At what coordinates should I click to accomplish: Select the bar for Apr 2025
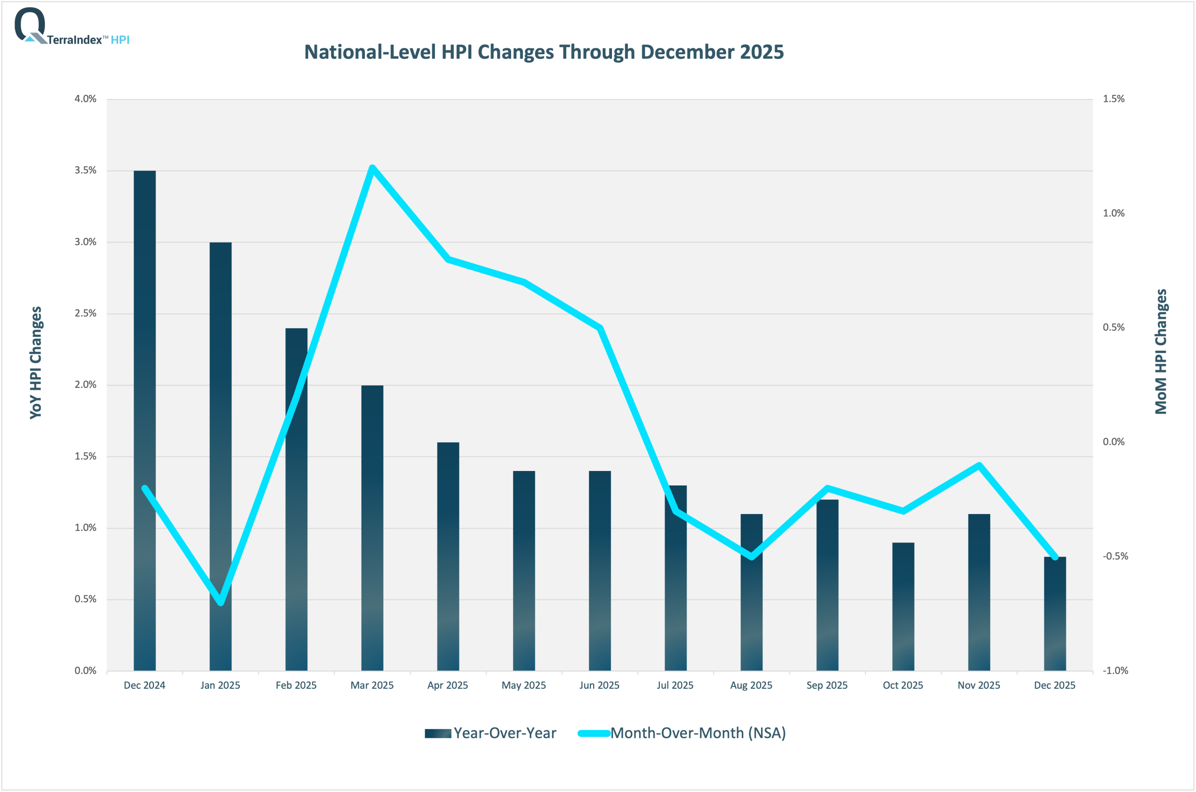point(448,556)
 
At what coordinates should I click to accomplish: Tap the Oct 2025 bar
point(903,606)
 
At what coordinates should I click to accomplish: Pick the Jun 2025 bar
point(599,571)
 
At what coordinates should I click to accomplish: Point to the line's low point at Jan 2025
point(221,603)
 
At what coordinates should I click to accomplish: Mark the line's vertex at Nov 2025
point(979,465)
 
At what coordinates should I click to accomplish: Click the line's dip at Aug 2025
point(752,557)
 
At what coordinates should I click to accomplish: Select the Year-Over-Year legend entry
point(490,733)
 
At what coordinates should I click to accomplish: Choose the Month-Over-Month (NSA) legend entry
point(682,733)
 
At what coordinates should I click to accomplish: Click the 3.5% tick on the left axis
point(85,170)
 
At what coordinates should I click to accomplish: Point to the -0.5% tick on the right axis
point(1115,556)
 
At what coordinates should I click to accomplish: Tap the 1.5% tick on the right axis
point(1113,99)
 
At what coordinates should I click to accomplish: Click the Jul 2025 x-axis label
point(675,685)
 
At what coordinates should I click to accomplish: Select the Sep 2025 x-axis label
point(827,685)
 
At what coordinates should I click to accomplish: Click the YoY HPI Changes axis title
point(36,362)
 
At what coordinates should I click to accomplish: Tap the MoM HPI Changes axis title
point(1160,351)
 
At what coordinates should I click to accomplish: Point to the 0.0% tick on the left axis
point(85,671)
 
